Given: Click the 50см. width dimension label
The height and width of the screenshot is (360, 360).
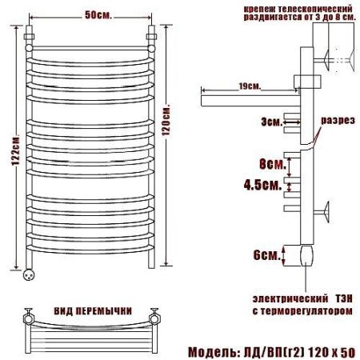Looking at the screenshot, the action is (x=98, y=15).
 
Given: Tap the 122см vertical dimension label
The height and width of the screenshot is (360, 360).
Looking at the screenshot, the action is (x=16, y=151).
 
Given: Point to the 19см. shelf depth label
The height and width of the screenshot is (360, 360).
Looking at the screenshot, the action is (x=250, y=86).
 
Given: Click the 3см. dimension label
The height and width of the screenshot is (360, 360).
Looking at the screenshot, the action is (x=271, y=122).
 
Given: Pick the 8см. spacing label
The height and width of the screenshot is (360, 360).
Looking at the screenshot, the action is (x=273, y=164).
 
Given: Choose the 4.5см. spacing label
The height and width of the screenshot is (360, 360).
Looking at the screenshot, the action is (x=262, y=185).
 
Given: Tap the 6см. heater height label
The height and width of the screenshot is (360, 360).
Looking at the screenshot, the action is (x=267, y=255).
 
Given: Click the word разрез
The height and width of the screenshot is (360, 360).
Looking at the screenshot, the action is (x=338, y=121).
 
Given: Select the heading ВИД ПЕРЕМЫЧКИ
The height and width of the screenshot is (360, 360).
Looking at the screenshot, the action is (x=93, y=311).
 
